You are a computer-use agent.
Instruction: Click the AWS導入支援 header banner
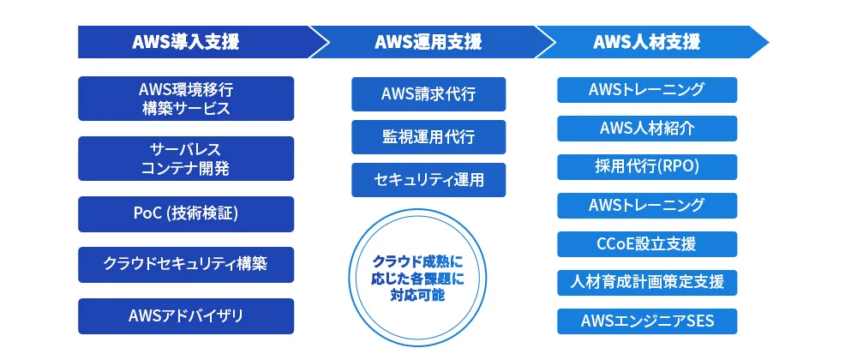click(186, 42)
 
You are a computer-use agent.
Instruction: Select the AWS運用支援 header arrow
click(428, 42)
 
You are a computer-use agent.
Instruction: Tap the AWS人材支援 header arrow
click(647, 42)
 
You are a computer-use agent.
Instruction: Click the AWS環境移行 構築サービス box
click(186, 99)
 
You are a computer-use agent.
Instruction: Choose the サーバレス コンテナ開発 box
click(186, 159)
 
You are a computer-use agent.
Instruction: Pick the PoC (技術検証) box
click(186, 214)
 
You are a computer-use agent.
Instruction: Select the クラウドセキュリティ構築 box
click(186, 265)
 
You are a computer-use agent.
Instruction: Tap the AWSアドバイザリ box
click(186, 316)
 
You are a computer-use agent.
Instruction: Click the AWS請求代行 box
click(428, 94)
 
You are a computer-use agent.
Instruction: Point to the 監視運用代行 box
click(428, 137)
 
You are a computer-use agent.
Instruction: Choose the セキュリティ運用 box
click(428, 180)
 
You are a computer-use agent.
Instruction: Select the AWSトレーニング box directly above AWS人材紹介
click(647, 90)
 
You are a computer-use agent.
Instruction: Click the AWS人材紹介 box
click(647, 129)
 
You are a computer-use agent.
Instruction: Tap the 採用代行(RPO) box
click(647, 167)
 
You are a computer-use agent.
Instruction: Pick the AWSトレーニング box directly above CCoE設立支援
click(647, 206)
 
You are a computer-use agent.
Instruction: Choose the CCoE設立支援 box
click(647, 244)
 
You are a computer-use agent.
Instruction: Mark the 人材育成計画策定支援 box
click(647, 282)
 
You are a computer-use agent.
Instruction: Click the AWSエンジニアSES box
click(647, 321)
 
